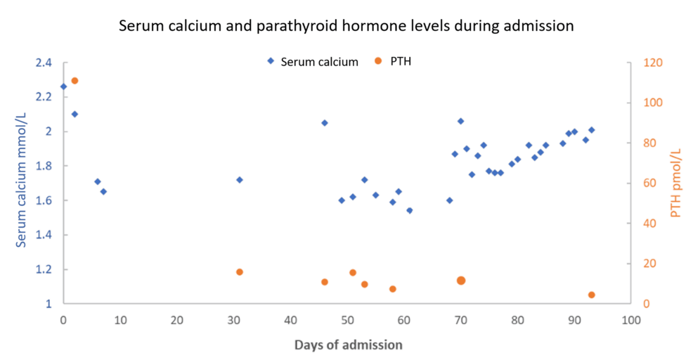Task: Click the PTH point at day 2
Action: pos(75,81)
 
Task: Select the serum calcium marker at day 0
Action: pos(63,86)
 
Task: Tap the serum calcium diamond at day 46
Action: pos(325,123)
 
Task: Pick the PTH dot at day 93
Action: pos(591,295)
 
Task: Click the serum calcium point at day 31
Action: pos(240,180)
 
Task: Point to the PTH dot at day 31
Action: pos(240,272)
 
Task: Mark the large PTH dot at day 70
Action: pos(461,281)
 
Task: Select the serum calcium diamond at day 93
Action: pos(591,130)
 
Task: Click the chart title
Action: pos(346,26)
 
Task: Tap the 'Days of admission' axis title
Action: pos(348,345)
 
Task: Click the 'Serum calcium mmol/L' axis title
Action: pos(21,184)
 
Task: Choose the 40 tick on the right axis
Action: pos(650,224)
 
